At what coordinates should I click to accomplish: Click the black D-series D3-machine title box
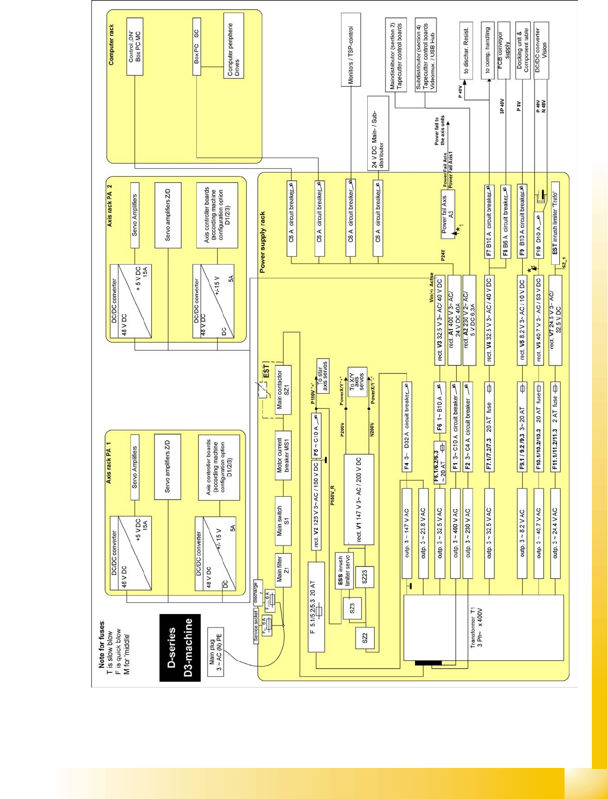[180, 647]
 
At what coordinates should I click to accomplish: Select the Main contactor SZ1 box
[283, 390]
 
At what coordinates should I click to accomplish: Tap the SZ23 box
[365, 577]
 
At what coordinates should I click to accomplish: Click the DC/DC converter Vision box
[541, 50]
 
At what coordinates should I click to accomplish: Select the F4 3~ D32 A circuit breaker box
[407, 427]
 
